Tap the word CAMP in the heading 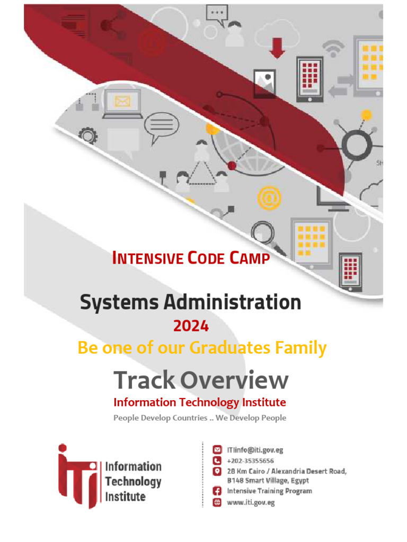coord(250,258)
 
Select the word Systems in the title coord(119,303)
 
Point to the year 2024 coord(191,327)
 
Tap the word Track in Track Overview coord(144,380)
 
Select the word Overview coord(234,380)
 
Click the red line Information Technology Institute coord(200,402)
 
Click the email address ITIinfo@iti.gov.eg coord(255,450)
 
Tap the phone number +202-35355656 coord(250,460)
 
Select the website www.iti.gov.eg coord(251,502)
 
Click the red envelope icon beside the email coord(217,450)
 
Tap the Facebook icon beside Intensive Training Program coord(217,491)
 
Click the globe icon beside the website coord(217,502)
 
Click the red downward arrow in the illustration coord(277,47)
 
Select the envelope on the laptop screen coord(122,101)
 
